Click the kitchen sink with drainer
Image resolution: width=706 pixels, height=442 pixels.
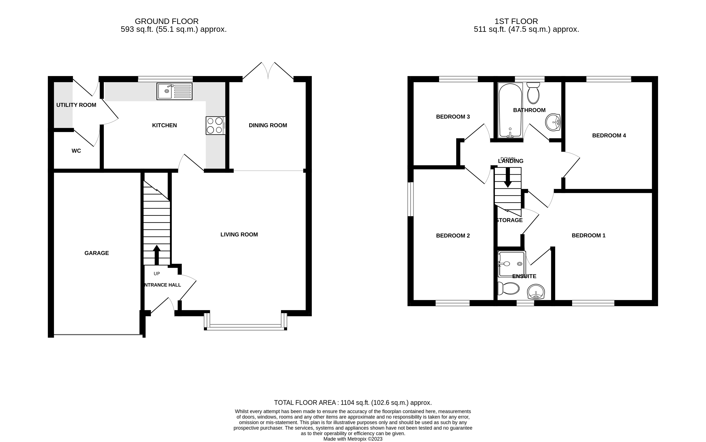point(174,91)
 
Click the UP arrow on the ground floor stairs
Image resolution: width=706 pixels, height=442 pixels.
point(157,254)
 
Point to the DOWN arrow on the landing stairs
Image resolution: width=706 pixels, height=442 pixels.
point(508,177)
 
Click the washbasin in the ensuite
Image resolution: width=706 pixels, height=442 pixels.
point(536,292)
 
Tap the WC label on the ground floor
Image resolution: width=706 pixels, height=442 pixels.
point(76,151)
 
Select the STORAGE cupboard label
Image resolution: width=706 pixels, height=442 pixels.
point(510,220)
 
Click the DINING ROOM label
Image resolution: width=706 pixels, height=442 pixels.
point(268,125)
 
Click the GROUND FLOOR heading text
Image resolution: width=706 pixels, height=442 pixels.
point(167,21)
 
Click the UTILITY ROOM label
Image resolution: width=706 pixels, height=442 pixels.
point(76,105)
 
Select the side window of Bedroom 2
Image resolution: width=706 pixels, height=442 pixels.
point(410,199)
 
